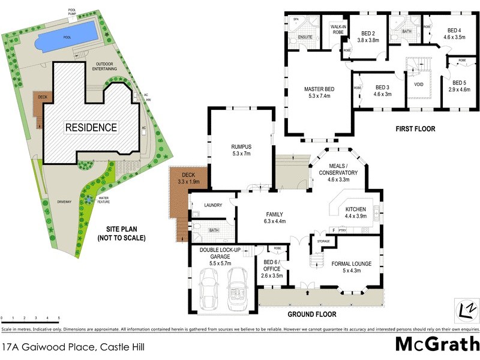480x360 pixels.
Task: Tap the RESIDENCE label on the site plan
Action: click(x=91, y=127)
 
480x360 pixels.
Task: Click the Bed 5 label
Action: click(x=459, y=86)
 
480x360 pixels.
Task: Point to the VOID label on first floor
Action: click(x=418, y=85)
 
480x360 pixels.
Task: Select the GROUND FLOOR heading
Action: click(x=311, y=314)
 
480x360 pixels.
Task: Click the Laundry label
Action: click(x=213, y=205)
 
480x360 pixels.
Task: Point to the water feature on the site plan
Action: click(x=88, y=199)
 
